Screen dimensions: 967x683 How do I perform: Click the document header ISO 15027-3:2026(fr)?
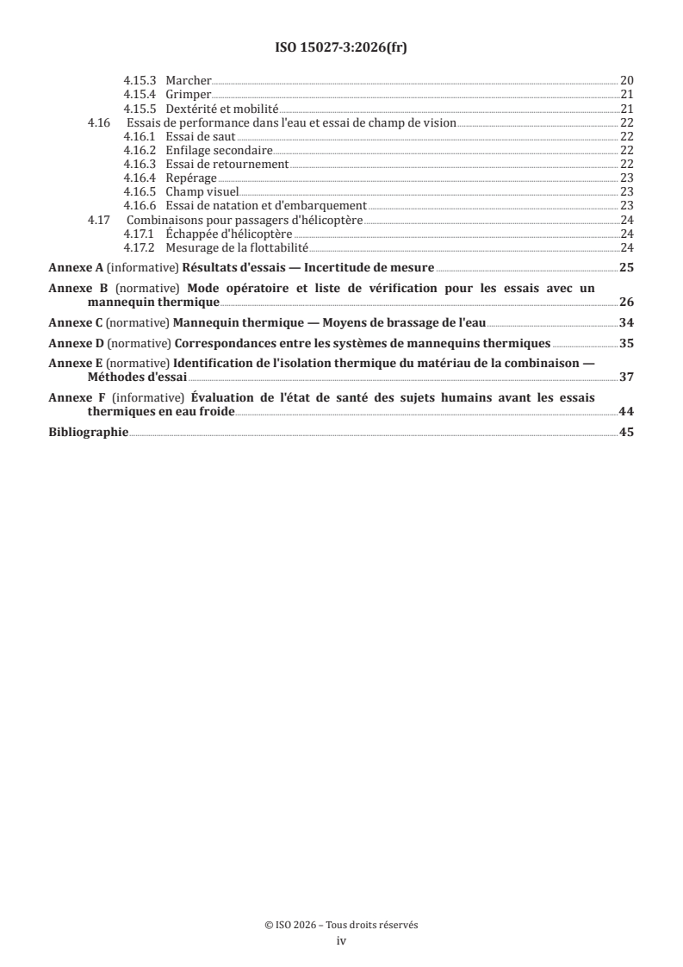(x=341, y=47)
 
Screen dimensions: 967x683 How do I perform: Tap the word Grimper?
(x=188, y=94)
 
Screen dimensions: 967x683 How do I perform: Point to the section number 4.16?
(x=99, y=122)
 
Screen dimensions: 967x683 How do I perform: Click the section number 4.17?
(x=99, y=220)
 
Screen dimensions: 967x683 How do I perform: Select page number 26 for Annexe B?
(x=626, y=303)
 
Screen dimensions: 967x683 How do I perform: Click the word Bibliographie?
(x=89, y=432)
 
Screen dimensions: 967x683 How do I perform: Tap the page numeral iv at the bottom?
(x=341, y=941)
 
